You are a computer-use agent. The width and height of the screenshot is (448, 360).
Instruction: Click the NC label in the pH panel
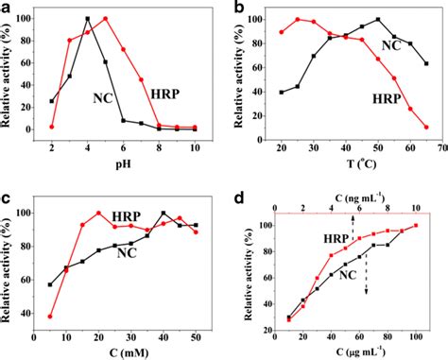104,97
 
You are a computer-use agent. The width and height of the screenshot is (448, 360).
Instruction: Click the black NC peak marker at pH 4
87,19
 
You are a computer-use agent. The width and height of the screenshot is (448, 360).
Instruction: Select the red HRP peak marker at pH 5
105,19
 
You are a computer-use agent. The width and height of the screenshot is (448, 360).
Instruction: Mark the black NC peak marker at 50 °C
378,19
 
